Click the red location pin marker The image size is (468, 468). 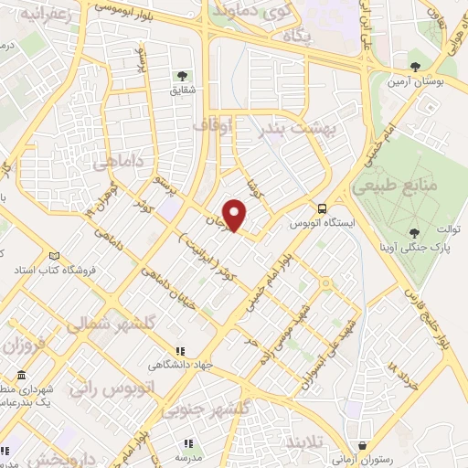pyautogui.click(x=236, y=216)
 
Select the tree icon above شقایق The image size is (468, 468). pyautogui.click(x=180, y=75)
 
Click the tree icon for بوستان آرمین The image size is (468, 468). pyautogui.click(x=415, y=67)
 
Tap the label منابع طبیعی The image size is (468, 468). pyautogui.click(x=409, y=186)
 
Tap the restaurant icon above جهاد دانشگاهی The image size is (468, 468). pyautogui.click(x=180, y=350)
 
